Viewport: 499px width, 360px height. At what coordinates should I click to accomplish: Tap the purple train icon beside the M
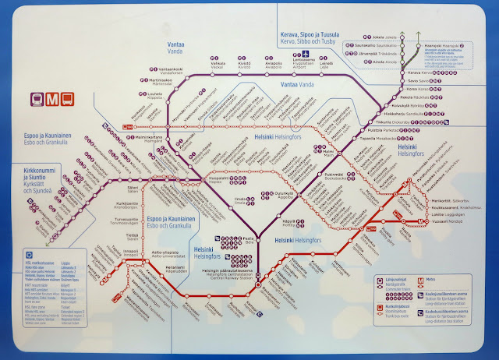coord(37,99)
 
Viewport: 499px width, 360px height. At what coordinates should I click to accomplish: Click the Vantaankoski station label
coord(145,69)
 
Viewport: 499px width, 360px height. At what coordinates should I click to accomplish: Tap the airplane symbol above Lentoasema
coord(306,54)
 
